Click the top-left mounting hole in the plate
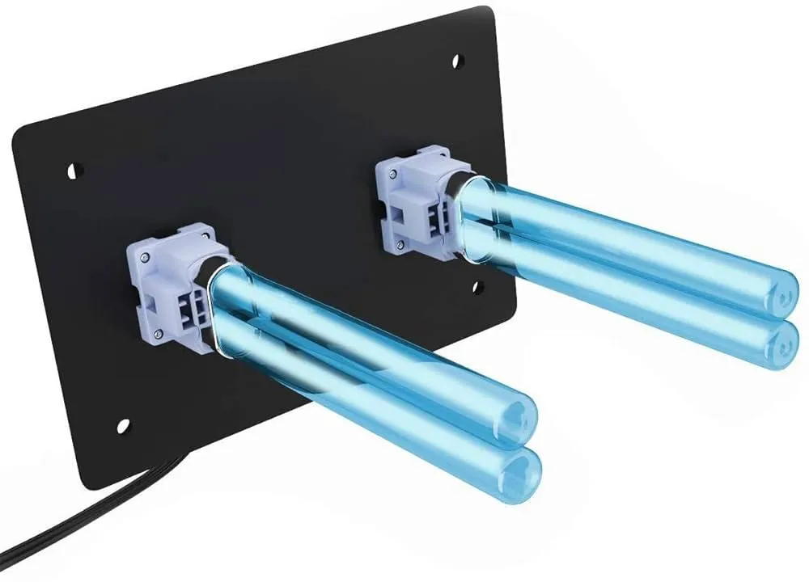(74, 171)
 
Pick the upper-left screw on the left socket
(143, 257)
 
